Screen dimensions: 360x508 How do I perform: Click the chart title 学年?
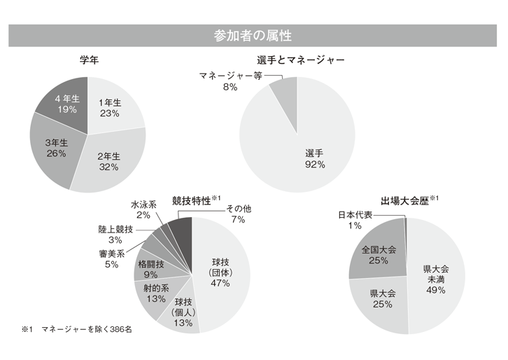point(88,61)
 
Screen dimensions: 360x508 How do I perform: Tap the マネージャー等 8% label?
point(230,81)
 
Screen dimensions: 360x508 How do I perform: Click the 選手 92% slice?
point(315,158)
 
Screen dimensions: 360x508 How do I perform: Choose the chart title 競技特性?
point(192,201)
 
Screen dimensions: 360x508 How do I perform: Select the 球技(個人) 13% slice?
point(181,312)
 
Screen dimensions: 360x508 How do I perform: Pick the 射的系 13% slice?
point(155,292)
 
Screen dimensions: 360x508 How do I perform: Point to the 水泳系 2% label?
point(143,210)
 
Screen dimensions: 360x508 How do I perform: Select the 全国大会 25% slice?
point(379,255)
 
